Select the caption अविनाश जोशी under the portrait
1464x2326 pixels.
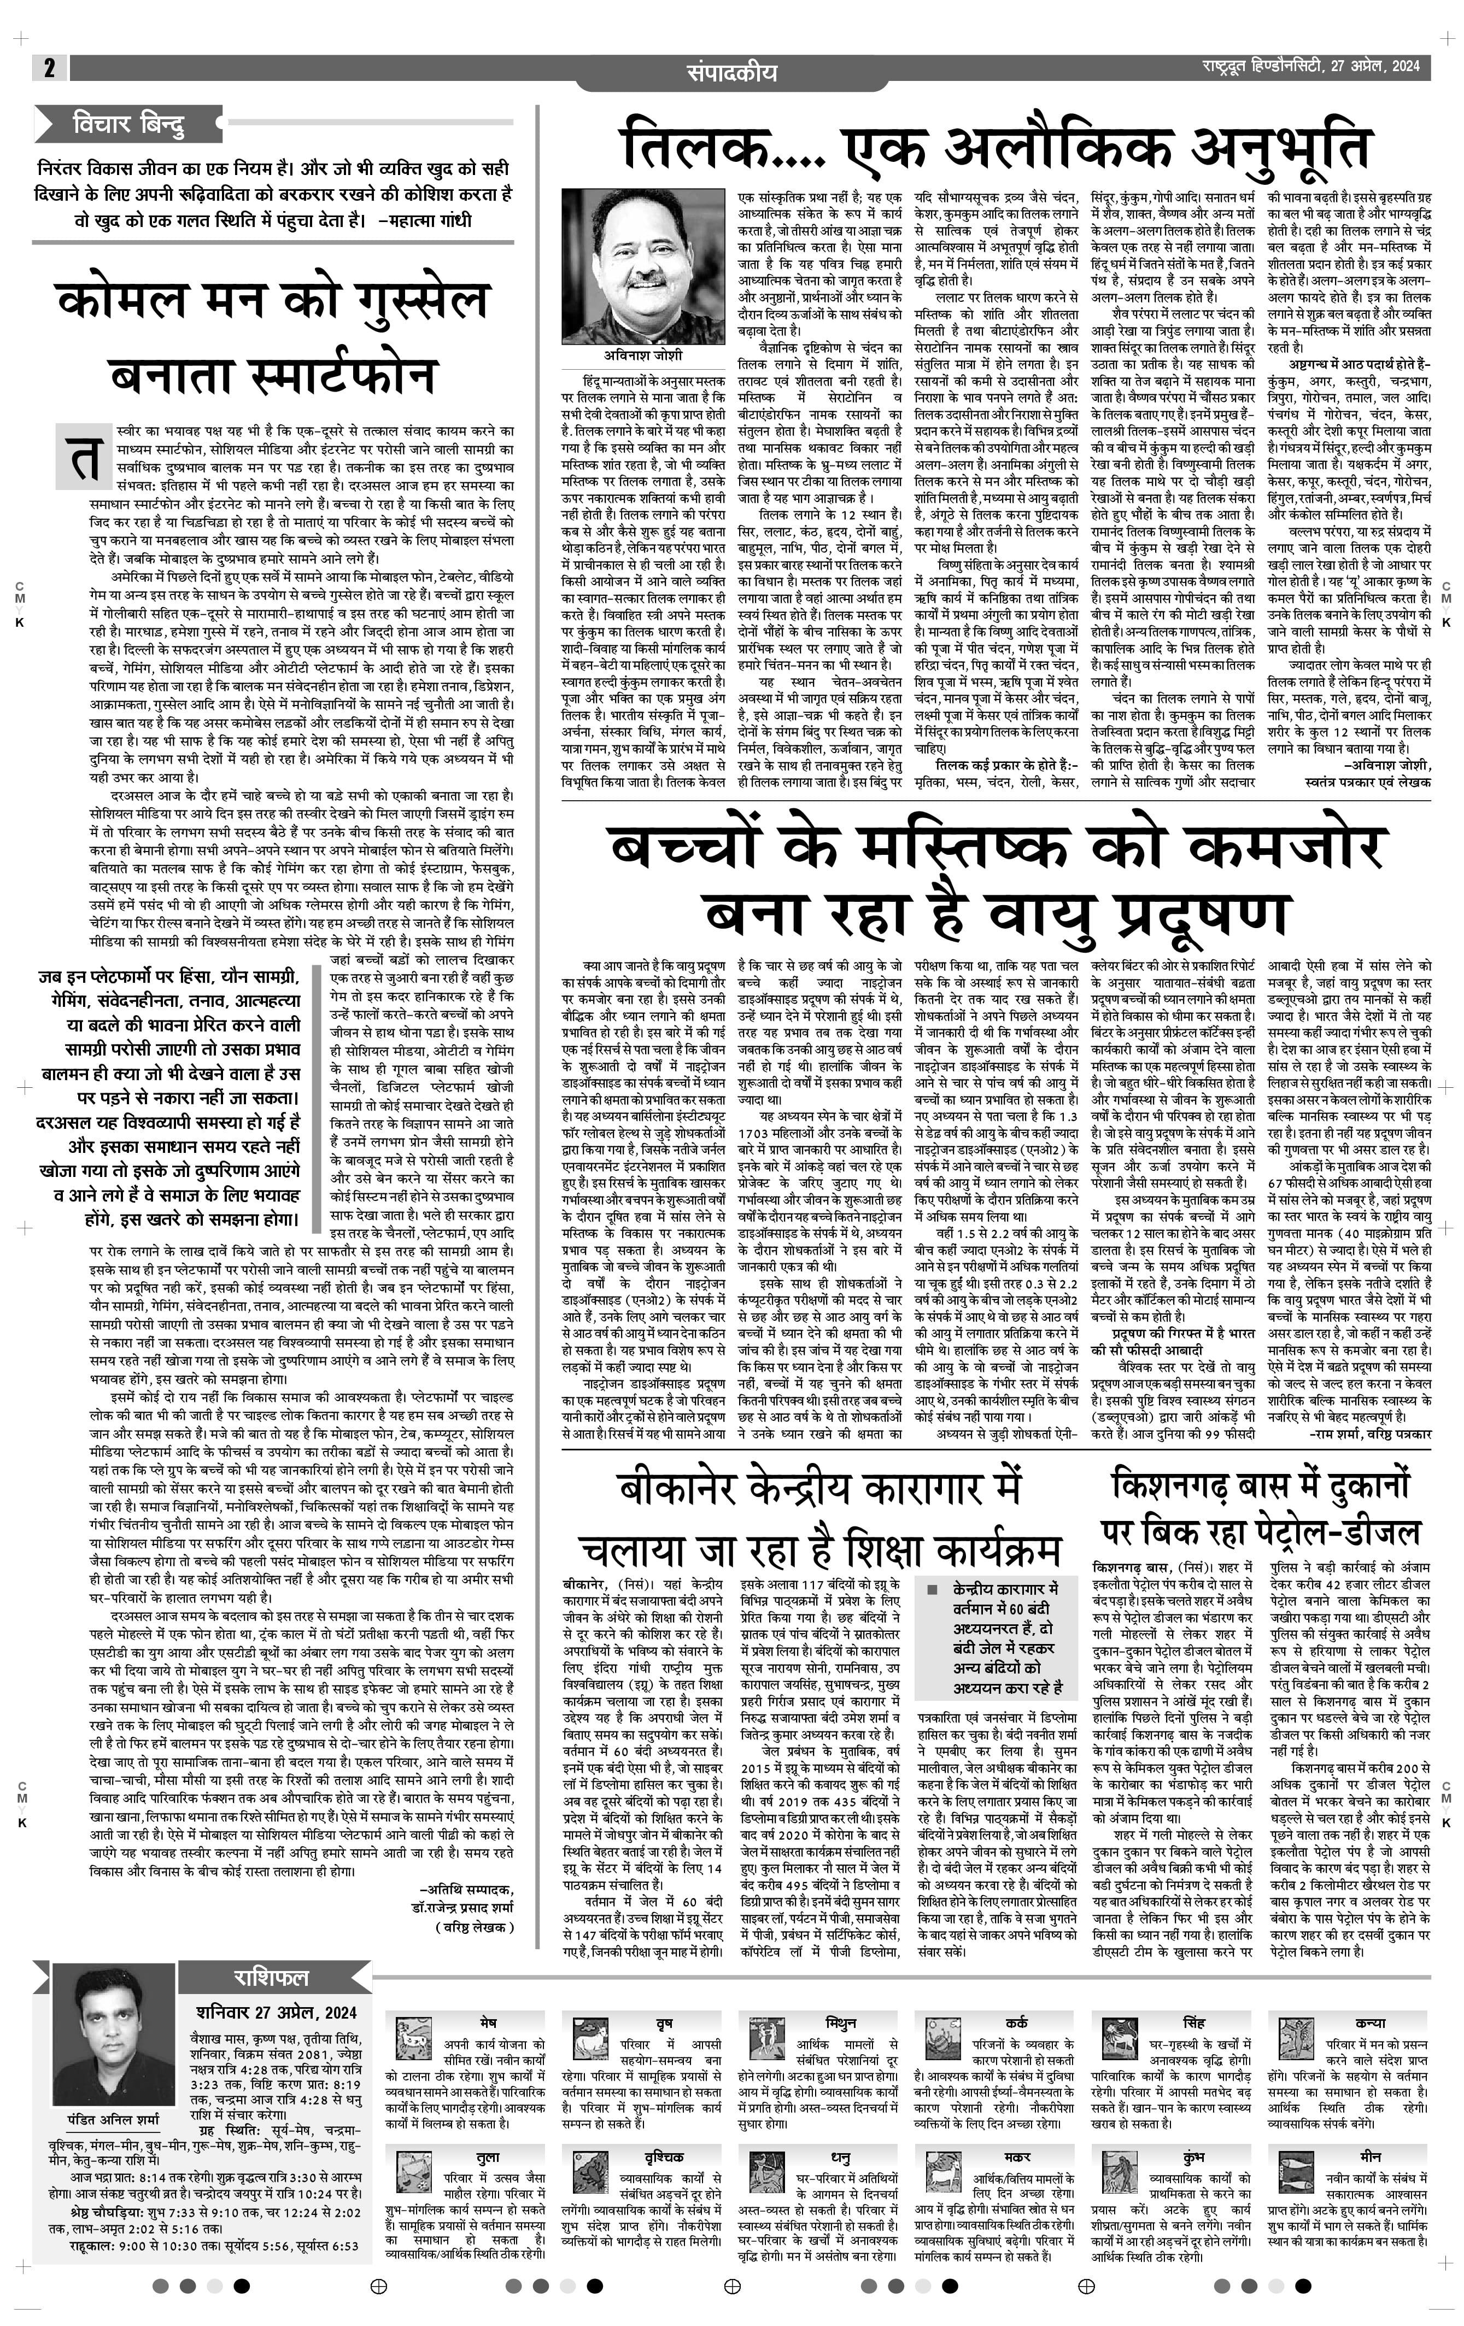tap(622, 355)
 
